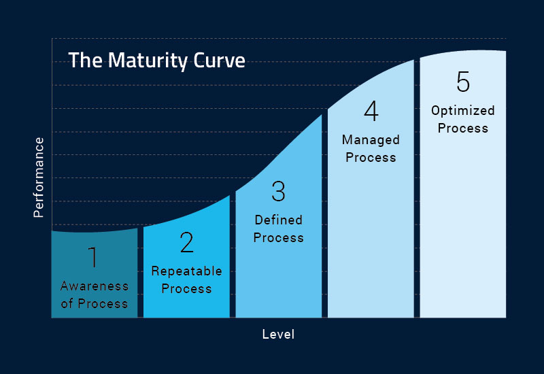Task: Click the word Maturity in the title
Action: (x=148, y=61)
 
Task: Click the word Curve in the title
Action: (x=219, y=61)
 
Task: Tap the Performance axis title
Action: (x=39, y=177)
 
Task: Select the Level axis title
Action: (x=278, y=335)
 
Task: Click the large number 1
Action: (x=92, y=257)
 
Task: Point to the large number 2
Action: (x=186, y=242)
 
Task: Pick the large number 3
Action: (x=278, y=191)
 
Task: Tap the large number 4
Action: (x=371, y=111)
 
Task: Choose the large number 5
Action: (x=463, y=82)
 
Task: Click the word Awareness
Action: (x=95, y=286)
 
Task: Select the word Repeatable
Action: (x=186, y=271)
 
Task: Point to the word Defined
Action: (x=278, y=220)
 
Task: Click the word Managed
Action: (x=371, y=140)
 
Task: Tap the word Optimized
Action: (x=463, y=111)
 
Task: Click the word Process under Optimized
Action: (x=463, y=129)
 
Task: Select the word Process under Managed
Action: (x=371, y=158)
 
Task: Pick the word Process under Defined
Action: (x=278, y=237)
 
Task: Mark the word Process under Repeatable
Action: (x=186, y=288)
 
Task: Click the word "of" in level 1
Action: (x=67, y=303)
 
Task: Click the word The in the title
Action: (x=86, y=61)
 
